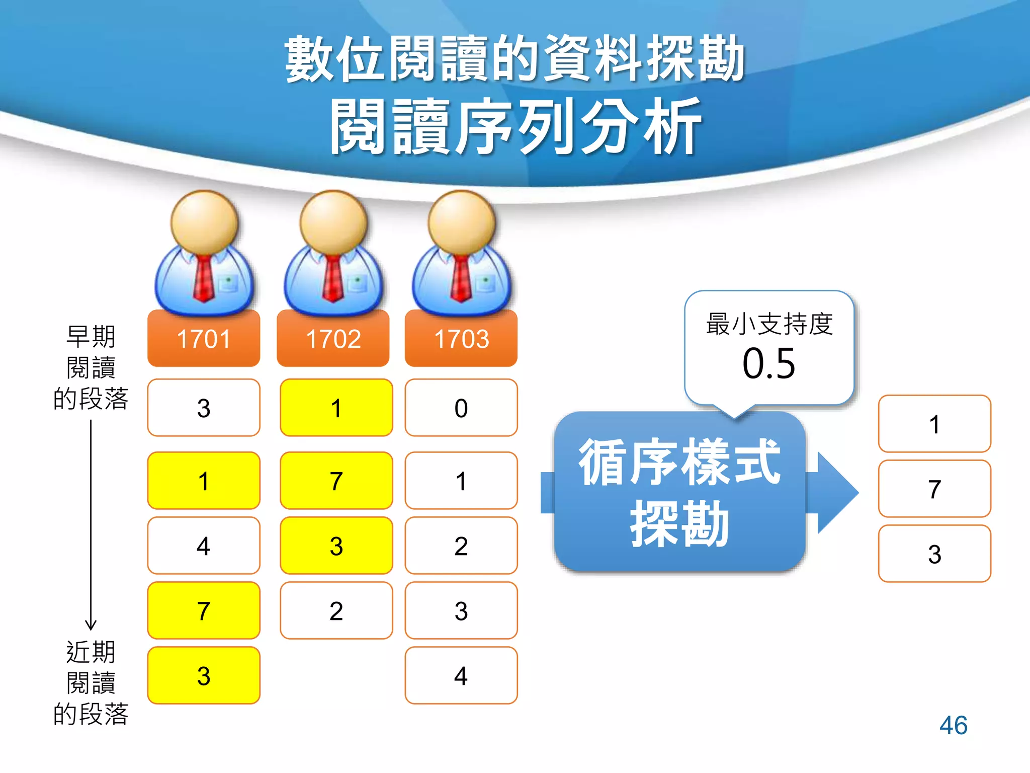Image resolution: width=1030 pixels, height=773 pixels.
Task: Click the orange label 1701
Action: tap(204, 339)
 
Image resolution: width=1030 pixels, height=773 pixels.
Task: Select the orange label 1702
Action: tap(333, 339)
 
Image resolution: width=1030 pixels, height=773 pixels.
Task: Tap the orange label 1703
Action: tap(461, 339)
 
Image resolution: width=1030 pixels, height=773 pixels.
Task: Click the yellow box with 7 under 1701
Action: tap(204, 610)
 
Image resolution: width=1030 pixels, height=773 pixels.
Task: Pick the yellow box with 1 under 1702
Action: tap(336, 408)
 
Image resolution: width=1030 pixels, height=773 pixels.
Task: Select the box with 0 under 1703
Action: tap(461, 408)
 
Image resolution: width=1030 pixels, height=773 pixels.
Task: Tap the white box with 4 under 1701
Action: tap(204, 546)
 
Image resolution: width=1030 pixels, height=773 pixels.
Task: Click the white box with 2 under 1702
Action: tap(336, 610)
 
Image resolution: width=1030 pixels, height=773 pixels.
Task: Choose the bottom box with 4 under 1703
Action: tap(461, 675)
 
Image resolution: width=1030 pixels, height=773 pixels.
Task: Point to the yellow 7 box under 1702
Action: tap(336, 481)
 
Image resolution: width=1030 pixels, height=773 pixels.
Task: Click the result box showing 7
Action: tap(934, 489)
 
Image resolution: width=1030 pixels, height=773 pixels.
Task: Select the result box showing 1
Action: tap(934, 424)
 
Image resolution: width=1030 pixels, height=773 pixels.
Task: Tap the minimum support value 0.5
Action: tap(769, 363)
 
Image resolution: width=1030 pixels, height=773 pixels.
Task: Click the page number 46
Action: tap(953, 725)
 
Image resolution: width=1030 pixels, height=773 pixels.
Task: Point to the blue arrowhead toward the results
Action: tap(837, 492)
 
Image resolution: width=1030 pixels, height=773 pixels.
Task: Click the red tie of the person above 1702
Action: tap(332, 279)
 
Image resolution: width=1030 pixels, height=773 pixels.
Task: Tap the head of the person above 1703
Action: tap(461, 221)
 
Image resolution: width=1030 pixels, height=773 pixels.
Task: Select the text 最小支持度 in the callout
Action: tap(769, 324)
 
